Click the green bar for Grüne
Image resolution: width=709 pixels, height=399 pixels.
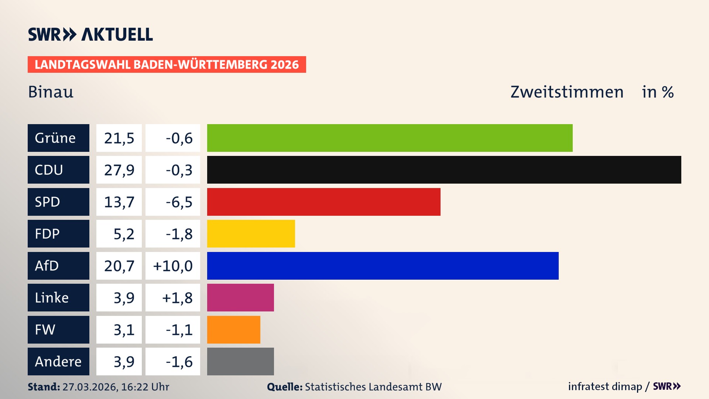coord(390,138)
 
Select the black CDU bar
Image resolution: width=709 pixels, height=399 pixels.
coord(444,170)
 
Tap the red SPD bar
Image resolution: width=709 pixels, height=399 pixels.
coord(323,202)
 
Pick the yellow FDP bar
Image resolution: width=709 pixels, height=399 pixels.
coord(251,233)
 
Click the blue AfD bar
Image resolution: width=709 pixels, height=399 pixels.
coord(383,266)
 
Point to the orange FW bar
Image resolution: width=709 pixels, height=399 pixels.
coord(233,330)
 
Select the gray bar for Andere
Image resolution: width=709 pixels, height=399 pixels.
coord(240,361)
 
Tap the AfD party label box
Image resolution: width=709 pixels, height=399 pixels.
coord(58,266)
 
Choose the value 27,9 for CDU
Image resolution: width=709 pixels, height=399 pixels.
coord(119,170)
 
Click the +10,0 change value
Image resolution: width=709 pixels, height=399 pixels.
coord(173,266)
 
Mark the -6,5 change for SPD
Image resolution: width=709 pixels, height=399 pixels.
coord(179,202)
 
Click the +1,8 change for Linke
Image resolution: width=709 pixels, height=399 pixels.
coord(177,298)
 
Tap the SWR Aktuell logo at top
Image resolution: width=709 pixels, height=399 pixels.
coord(90,34)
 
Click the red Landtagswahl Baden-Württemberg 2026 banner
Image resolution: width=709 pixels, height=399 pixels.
coord(167,64)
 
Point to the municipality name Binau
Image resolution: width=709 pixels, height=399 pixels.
coord(51,92)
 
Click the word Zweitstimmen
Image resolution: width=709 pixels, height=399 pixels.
coord(567,92)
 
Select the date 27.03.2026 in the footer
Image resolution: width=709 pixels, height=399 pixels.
coord(89,387)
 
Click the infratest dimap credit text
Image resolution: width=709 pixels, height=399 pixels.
coord(605,386)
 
